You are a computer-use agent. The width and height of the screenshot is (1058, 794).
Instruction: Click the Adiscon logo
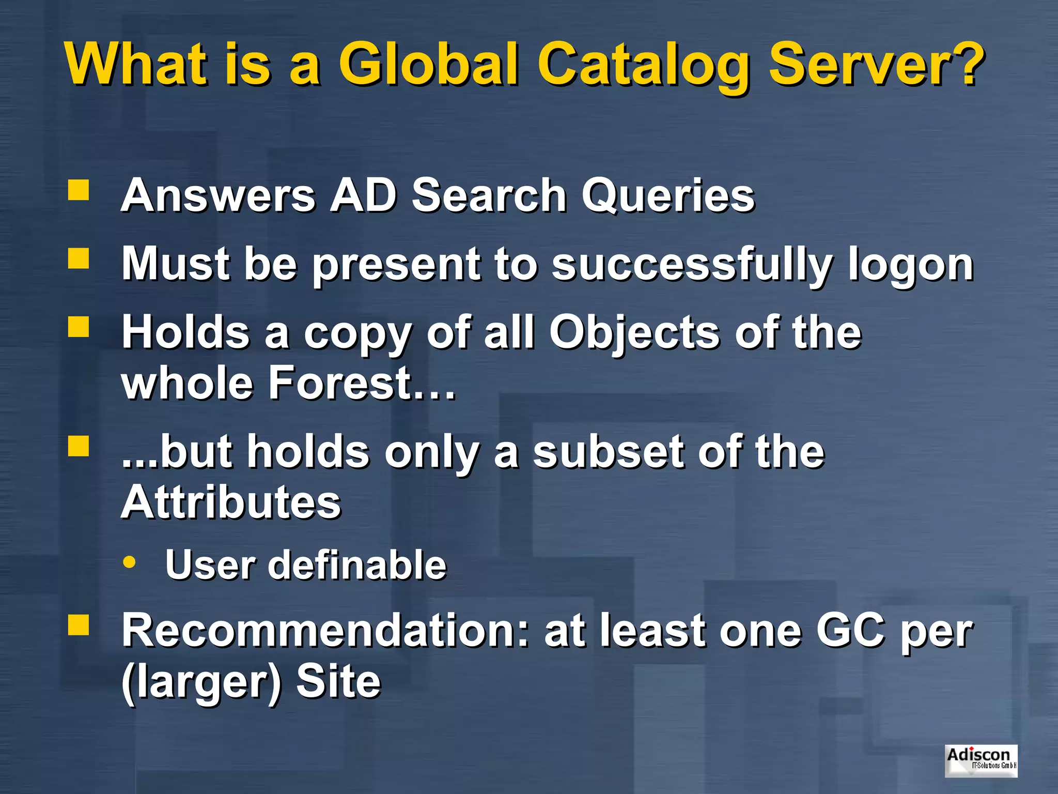pos(981,760)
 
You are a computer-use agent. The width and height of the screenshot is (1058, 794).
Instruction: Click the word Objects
pos(634,333)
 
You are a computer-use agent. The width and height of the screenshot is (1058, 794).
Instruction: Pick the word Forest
pos(340,383)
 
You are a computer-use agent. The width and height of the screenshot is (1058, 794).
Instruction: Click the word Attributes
pos(231,502)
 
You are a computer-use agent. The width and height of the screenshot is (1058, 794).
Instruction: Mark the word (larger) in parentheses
pos(201,682)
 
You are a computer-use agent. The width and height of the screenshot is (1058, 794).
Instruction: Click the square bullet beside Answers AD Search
pos(79,190)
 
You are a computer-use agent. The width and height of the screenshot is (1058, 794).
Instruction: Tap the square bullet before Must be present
pos(79,258)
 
